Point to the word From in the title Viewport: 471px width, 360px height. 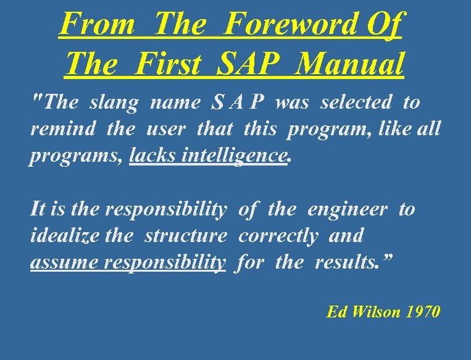pos(98,24)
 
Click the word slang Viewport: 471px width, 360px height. pos(114,103)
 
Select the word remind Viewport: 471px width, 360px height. pos(63,130)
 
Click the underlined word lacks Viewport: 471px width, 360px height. pos(148,156)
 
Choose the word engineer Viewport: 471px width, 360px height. pos(347,210)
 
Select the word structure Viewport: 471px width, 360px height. pos(186,236)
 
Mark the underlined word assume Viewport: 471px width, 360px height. pos(65,263)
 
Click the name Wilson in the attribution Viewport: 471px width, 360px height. pos(377,312)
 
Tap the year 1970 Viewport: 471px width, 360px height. pos(423,312)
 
